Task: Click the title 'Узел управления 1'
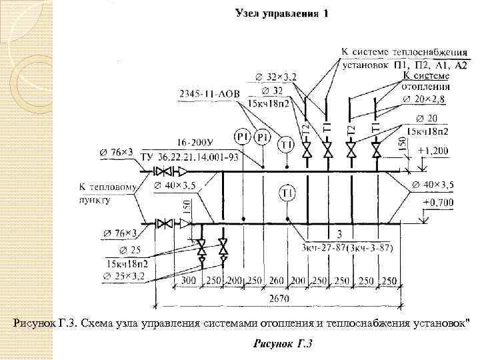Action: (281, 14)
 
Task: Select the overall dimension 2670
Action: (279, 299)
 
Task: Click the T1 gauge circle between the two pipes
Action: (286, 194)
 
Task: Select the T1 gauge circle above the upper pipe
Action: (286, 144)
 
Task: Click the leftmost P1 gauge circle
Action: (241, 137)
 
